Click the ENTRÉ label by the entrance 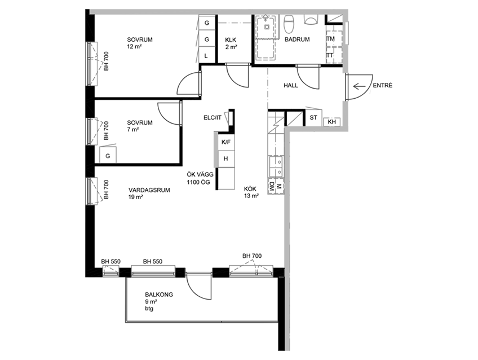coord(383,85)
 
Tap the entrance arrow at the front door coord(359,87)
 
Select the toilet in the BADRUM coord(289,24)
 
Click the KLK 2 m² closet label coord(231,43)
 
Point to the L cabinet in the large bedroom coord(206,56)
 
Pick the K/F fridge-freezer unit coord(226,142)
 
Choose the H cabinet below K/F coord(226,159)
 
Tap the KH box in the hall coord(331,122)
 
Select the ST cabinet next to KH coord(313,117)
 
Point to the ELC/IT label coord(213,117)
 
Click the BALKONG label coord(159,295)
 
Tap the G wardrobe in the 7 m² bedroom coord(108,156)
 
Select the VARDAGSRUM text coord(149,190)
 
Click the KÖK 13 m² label coord(251,192)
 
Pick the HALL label coord(291,85)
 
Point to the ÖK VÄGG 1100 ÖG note coord(200,178)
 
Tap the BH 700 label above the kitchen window coord(252,256)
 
